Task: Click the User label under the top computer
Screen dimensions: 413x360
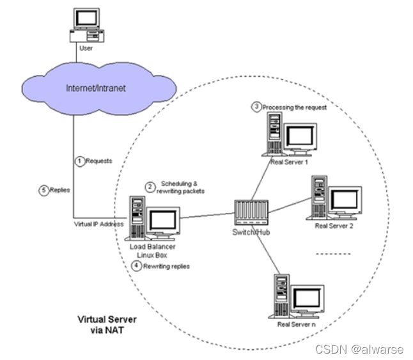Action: [86, 48]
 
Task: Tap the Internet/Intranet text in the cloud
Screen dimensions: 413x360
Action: [96, 88]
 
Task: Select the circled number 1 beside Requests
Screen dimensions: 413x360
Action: [80, 161]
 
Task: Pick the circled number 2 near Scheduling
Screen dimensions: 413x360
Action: [150, 187]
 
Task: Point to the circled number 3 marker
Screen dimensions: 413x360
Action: [256, 107]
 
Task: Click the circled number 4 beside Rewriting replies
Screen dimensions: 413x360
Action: [136, 265]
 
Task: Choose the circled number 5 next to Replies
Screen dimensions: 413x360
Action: [43, 191]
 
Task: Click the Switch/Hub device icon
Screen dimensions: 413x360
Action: [251, 212]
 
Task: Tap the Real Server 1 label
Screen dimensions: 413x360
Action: [289, 162]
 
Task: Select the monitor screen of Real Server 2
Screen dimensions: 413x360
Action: [345, 200]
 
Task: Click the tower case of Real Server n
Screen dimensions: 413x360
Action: [281, 295]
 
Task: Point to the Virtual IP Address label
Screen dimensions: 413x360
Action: [98, 224]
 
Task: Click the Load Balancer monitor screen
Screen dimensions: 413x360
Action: [162, 220]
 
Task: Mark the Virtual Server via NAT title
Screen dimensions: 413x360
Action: [107, 325]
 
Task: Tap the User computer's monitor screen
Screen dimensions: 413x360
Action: [87, 18]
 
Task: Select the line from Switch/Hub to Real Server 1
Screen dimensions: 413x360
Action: [261, 178]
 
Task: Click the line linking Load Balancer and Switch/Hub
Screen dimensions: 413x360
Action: [207, 215]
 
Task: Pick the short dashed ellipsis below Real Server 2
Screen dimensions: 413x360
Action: [333, 254]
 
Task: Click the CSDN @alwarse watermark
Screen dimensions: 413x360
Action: [359, 350]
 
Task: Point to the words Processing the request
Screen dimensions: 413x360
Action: [295, 107]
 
